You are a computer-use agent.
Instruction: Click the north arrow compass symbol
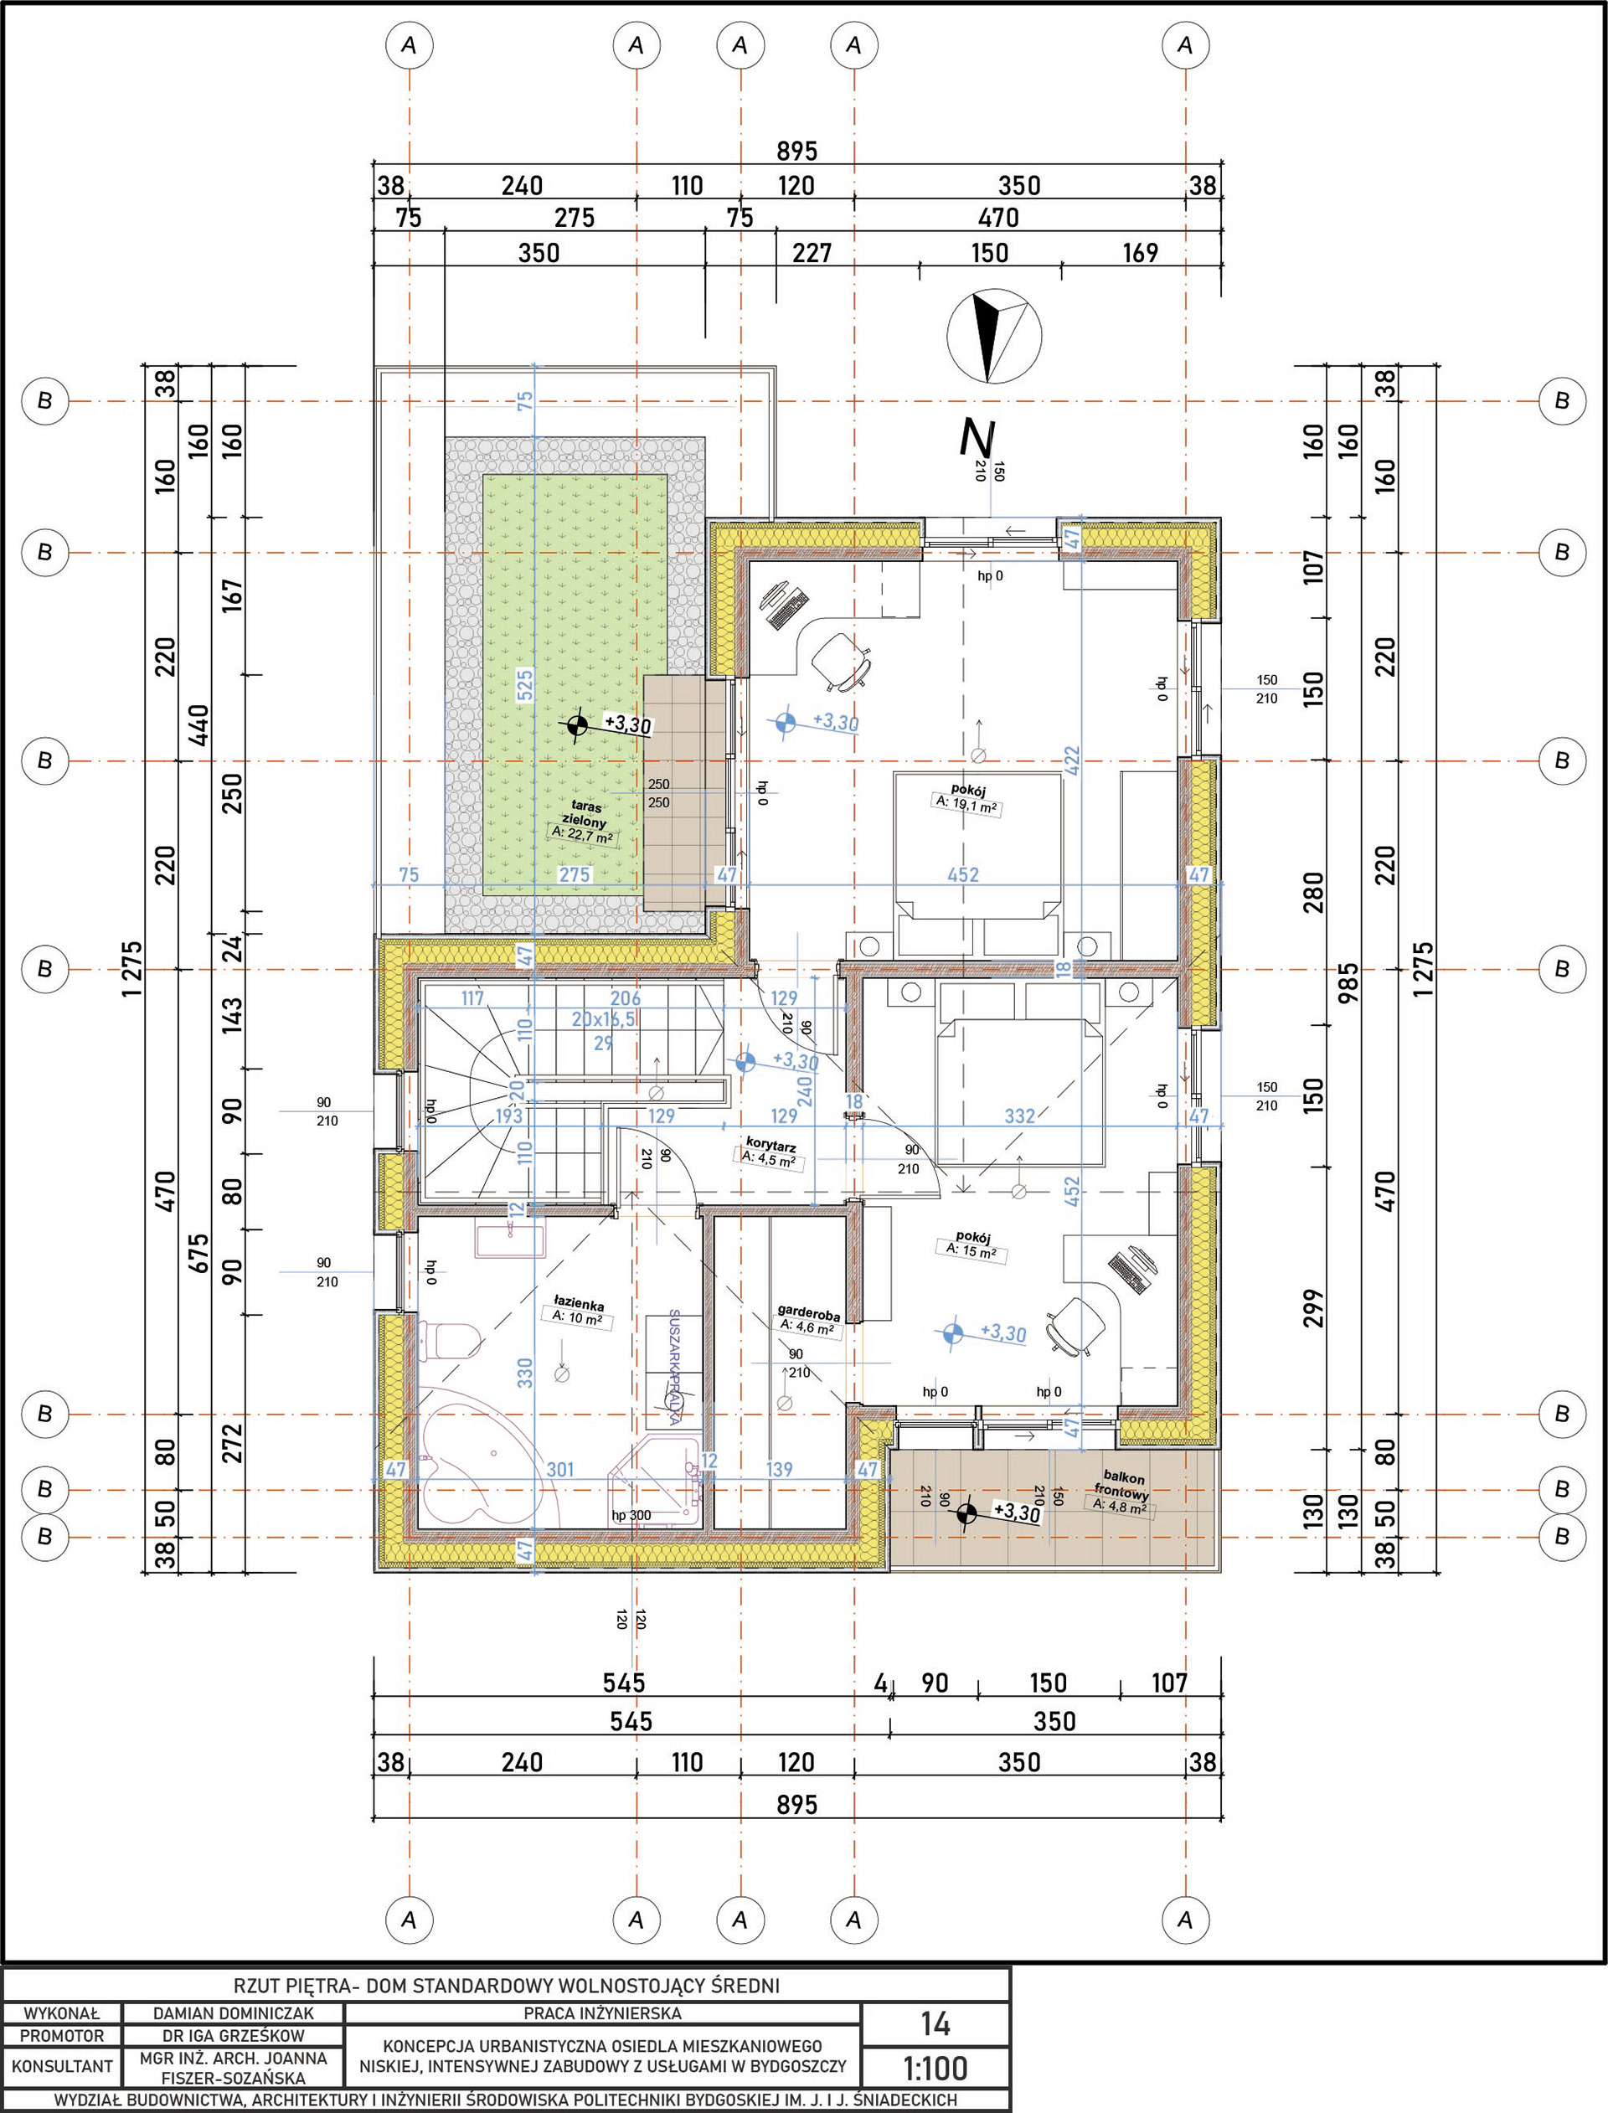click(992, 336)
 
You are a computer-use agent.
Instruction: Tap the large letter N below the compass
click(976, 438)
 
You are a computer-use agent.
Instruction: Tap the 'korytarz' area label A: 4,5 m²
click(770, 1159)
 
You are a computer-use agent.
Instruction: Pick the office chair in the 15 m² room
click(1077, 1327)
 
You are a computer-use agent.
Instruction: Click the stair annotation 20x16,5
click(604, 1020)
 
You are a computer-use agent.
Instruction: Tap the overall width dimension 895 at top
click(796, 152)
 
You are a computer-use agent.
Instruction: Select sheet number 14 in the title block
click(935, 2023)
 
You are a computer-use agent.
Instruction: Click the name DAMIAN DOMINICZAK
click(234, 2013)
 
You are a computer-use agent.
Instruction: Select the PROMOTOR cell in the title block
click(62, 2035)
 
